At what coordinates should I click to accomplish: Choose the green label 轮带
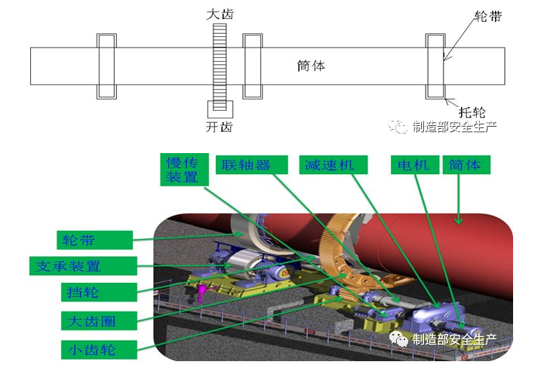point(96,241)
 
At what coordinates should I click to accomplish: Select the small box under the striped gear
point(220,109)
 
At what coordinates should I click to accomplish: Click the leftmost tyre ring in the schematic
point(106,66)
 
